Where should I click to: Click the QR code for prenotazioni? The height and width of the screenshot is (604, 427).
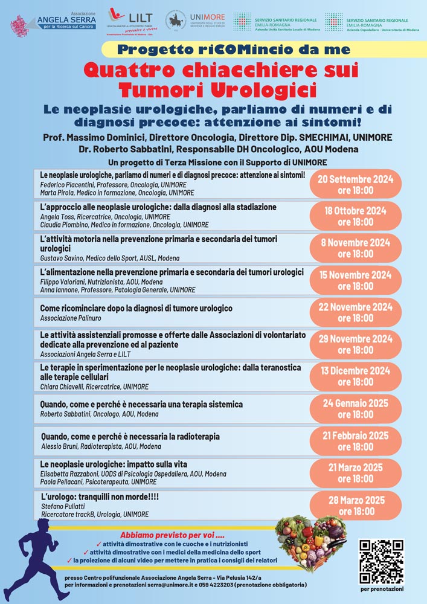[380, 561]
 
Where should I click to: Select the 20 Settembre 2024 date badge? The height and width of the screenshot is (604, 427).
[356, 184]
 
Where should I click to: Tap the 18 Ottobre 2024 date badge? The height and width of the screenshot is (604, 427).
[356, 216]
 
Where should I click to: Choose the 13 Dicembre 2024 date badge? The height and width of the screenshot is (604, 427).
[356, 376]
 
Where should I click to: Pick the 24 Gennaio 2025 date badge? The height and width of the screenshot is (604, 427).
[356, 408]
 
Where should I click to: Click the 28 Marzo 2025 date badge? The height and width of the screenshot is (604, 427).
[356, 506]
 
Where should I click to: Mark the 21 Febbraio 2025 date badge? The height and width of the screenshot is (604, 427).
[356, 441]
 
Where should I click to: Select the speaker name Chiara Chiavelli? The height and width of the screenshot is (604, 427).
[62, 387]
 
